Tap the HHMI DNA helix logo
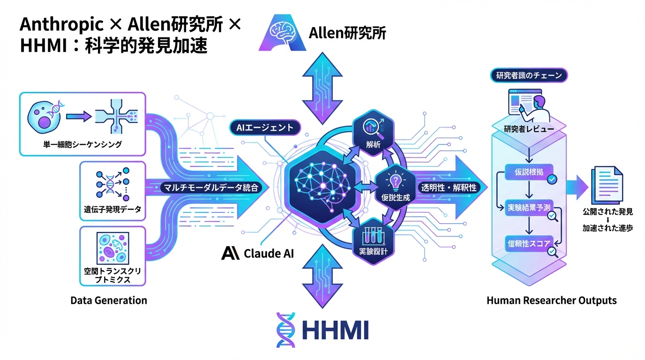coord(285,330)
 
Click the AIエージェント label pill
coord(262,127)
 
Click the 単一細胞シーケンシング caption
coord(82,144)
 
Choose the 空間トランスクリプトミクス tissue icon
coord(112,248)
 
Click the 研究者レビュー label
coord(528,129)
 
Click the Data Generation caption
coord(109,300)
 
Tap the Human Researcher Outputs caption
coord(552,300)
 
